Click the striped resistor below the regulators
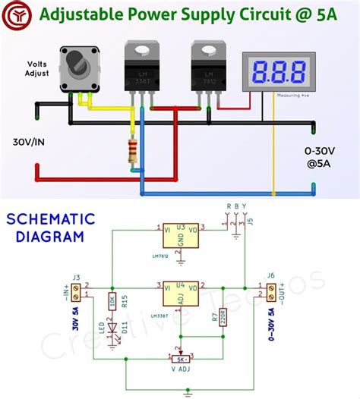pos(134,151)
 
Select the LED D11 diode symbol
pos(112,332)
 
